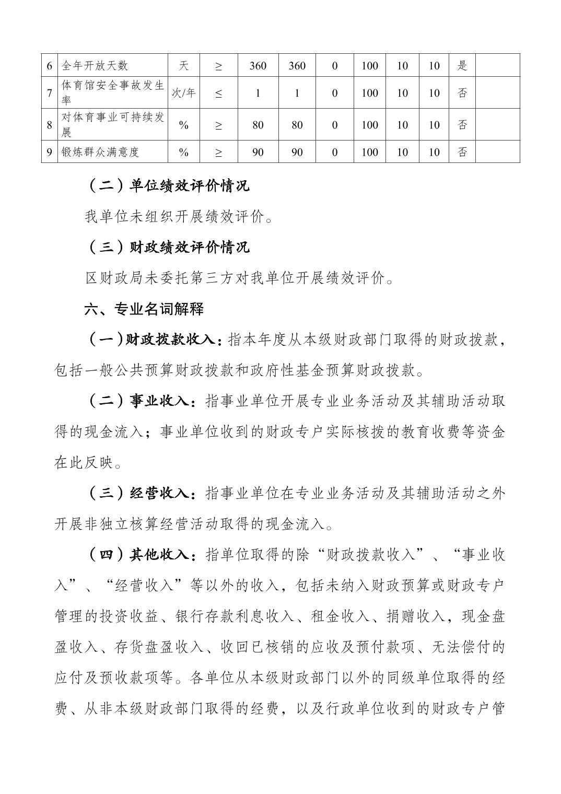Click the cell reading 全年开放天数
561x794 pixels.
tap(95, 66)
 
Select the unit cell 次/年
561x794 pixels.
tap(184, 93)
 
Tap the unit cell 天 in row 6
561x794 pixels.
tap(184, 66)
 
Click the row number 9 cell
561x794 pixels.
tap(50, 152)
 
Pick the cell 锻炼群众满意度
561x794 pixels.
tap(100, 152)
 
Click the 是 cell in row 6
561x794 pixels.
tap(462, 66)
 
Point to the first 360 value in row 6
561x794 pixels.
tap(258, 66)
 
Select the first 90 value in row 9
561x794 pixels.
tap(258, 152)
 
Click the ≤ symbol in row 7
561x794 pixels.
tap(218, 94)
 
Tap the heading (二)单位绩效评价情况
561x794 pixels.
tap(167, 185)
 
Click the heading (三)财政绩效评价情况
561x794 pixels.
tap(167, 247)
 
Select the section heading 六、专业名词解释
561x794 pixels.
tap(144, 309)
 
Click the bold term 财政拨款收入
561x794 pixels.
tap(170, 340)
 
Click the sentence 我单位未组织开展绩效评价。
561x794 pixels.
tap(179, 216)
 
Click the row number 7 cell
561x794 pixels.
tap(50, 93)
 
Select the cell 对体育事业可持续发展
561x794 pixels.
tap(113, 124)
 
